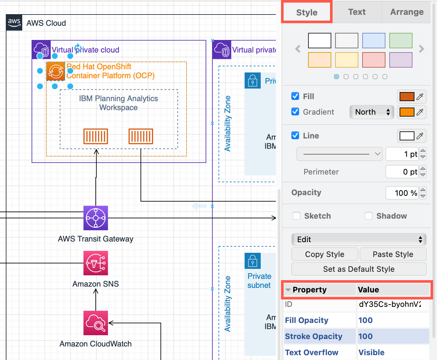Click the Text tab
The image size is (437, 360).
coord(357,12)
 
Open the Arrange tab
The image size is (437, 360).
coord(407,12)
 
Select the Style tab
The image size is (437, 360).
coord(307,13)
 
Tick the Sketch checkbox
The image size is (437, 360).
coord(296,216)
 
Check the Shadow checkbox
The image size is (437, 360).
coord(369,216)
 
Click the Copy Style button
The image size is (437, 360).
coord(325,254)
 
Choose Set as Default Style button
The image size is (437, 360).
coord(359,269)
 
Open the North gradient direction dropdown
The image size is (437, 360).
coord(372,112)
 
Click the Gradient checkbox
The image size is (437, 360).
coord(295,112)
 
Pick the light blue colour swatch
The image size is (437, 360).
coord(374,41)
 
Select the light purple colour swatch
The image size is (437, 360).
coord(401,60)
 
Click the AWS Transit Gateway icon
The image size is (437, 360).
coord(96,218)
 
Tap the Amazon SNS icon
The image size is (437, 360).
coord(96,263)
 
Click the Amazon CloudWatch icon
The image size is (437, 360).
coord(96,323)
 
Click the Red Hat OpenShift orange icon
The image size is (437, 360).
coord(56,71)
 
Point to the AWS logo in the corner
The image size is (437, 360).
coord(14,23)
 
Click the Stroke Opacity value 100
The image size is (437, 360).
coord(365,336)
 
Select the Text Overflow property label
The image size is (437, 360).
coord(312,353)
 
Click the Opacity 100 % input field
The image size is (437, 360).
coord(402,193)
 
